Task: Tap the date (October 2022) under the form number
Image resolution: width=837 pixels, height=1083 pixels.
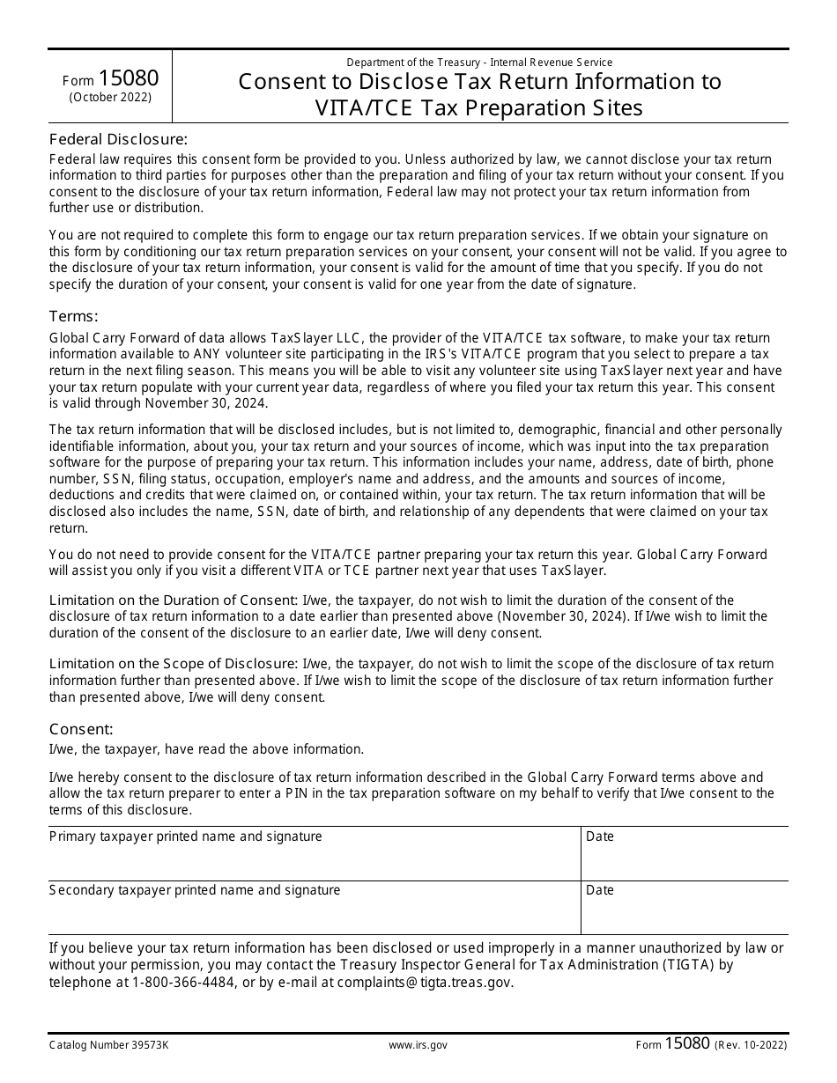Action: pos(110,98)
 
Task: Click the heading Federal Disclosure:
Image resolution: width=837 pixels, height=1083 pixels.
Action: pos(118,139)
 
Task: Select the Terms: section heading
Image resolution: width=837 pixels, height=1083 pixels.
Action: pos(73,317)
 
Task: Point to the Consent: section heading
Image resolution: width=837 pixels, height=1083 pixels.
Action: pos(81,729)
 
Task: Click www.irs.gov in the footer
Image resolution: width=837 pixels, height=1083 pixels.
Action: pos(418,1045)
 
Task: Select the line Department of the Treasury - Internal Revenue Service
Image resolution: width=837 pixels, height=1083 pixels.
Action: pos(479,63)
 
